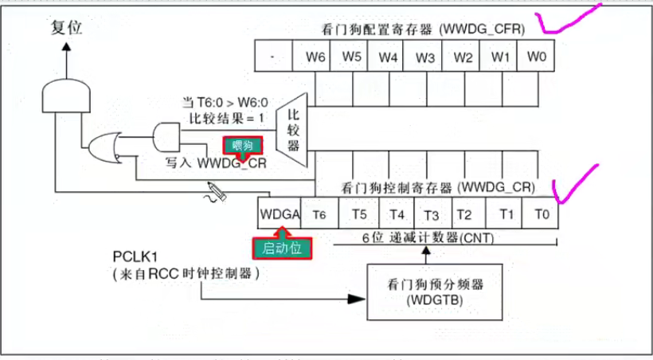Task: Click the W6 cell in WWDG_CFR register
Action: tap(313, 57)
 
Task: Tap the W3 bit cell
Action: tap(426, 57)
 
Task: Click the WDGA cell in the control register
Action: tap(279, 214)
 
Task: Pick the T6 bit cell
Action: tap(319, 214)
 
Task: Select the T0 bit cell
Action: tap(542, 214)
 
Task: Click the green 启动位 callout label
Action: tap(282, 248)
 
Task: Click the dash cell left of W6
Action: tap(273, 57)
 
